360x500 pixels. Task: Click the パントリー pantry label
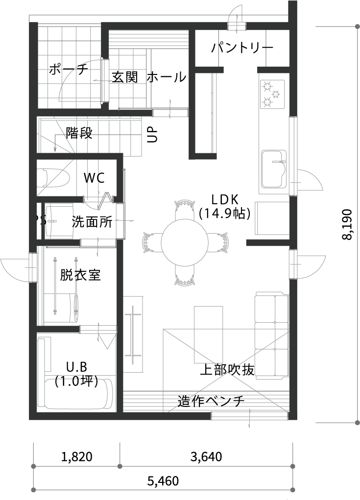(242, 48)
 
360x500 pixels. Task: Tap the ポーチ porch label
(68, 69)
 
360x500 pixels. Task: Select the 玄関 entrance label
(125, 77)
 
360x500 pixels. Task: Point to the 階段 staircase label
(79, 133)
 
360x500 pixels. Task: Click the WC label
(94, 178)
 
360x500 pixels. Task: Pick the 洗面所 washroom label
(92, 222)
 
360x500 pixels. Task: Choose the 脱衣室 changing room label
(80, 275)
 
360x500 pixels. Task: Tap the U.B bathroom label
(76, 367)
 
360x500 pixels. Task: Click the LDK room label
(225, 200)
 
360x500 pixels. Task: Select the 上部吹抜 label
(227, 370)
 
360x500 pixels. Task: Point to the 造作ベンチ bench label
(211, 401)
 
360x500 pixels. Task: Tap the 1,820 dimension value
(76, 456)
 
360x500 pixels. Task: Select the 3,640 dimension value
(206, 456)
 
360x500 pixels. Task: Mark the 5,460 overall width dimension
(163, 480)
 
